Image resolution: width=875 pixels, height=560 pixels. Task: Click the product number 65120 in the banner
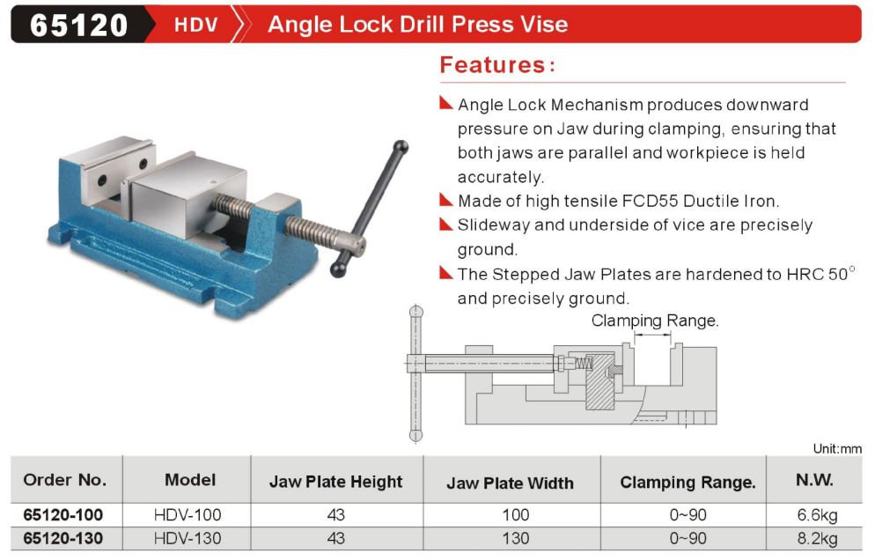click(78, 26)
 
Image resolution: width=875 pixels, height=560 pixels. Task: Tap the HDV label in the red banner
click(196, 25)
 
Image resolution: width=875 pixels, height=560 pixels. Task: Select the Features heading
click(497, 65)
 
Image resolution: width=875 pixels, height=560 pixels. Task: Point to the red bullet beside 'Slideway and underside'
click(446, 224)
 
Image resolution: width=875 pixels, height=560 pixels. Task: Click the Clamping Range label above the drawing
click(655, 321)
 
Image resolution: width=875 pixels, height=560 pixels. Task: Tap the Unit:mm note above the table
click(837, 448)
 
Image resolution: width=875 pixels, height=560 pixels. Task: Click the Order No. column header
click(65, 480)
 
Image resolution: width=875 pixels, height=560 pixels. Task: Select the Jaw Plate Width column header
click(510, 483)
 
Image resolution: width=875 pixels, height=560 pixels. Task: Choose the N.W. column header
click(815, 480)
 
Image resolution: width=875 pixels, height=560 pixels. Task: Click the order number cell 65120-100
click(63, 514)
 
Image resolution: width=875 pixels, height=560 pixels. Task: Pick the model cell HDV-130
click(187, 538)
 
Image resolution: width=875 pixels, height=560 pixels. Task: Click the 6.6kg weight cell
click(818, 515)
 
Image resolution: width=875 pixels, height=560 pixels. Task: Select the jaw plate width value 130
click(515, 538)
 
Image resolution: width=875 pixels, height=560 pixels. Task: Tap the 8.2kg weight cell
click(818, 539)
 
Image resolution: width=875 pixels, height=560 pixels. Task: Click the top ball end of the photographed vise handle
click(401, 147)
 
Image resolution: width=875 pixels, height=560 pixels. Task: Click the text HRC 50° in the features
click(820, 274)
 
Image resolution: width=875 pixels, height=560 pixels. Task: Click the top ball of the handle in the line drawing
click(416, 312)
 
